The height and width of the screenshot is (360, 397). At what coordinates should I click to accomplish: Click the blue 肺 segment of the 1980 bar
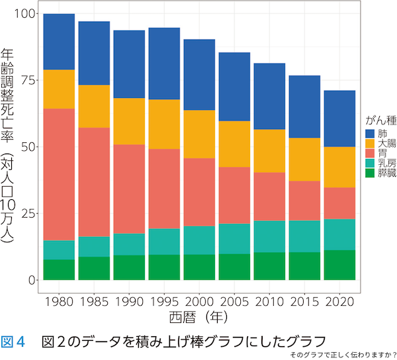(59, 41)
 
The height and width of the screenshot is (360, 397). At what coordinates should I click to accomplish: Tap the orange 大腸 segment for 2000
(199, 134)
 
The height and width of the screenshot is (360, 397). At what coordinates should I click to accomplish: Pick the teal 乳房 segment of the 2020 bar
(339, 234)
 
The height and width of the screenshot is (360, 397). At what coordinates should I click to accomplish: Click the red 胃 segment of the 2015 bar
(304, 201)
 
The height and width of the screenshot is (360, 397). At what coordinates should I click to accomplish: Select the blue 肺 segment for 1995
(164, 64)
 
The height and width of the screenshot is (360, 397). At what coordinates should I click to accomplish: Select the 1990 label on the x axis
(129, 302)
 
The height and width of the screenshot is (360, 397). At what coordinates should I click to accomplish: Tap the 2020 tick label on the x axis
(339, 302)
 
